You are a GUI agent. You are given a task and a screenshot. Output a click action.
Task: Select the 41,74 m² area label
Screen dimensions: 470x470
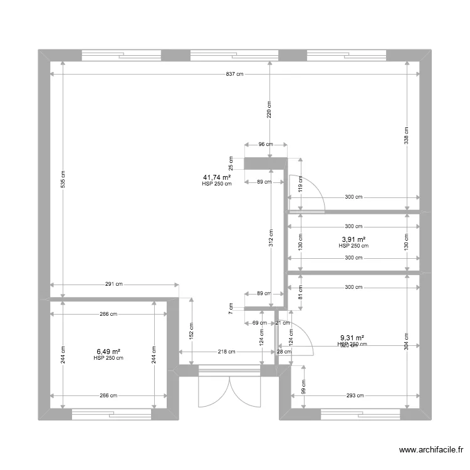(217, 177)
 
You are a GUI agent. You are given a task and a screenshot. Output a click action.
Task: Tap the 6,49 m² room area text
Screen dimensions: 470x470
(108, 352)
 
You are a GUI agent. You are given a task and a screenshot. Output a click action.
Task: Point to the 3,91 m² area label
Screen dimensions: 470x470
(353, 239)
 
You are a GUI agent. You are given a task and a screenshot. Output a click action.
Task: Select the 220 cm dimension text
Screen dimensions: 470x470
(269, 110)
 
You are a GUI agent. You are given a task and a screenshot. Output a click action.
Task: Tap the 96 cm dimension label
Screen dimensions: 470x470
(265, 144)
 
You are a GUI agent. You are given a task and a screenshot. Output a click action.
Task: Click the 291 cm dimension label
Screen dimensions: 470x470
(113, 285)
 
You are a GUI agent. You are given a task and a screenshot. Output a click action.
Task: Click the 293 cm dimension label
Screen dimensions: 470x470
(354, 395)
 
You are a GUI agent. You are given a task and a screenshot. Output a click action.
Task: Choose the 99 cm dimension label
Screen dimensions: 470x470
(304, 387)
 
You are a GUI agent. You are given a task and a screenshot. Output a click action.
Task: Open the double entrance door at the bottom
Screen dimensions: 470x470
(229, 389)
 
